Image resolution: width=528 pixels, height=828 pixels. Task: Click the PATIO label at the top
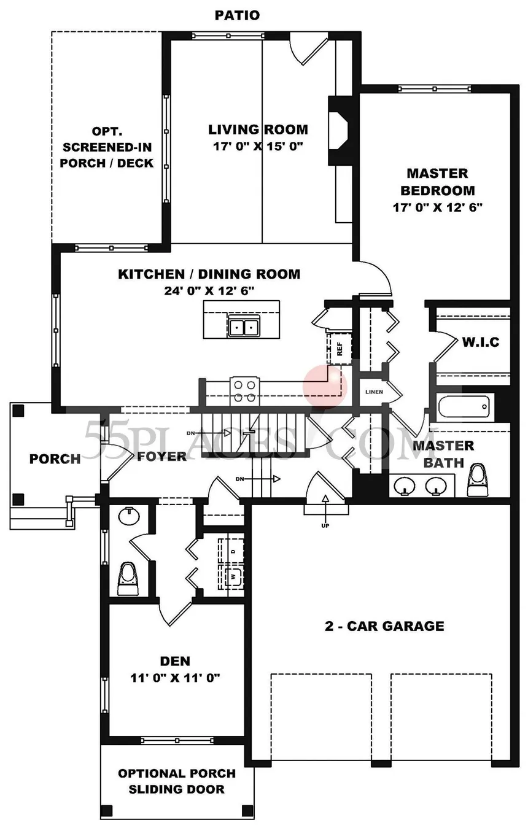(x=237, y=15)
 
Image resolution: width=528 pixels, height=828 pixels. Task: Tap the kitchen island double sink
(x=244, y=327)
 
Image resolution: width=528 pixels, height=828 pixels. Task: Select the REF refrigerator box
(x=339, y=348)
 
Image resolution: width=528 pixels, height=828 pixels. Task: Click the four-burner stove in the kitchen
(x=244, y=392)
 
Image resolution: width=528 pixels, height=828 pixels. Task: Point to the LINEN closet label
(x=374, y=392)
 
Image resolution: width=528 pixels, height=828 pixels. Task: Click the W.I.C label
(x=480, y=342)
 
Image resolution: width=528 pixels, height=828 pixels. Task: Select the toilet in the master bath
(x=477, y=481)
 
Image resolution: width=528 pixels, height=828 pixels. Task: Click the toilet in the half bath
(x=128, y=579)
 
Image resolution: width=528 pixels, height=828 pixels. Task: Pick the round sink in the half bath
(x=129, y=516)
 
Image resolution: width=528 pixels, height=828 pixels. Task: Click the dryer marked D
(x=232, y=551)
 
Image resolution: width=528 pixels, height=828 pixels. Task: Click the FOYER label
(x=161, y=457)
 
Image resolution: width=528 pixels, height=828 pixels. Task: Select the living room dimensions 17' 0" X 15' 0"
(x=258, y=146)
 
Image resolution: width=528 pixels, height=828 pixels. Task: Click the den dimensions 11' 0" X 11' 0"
(x=175, y=678)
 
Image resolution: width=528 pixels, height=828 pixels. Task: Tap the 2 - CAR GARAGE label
(x=384, y=626)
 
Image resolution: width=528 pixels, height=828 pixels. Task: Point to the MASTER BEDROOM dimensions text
(x=437, y=207)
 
